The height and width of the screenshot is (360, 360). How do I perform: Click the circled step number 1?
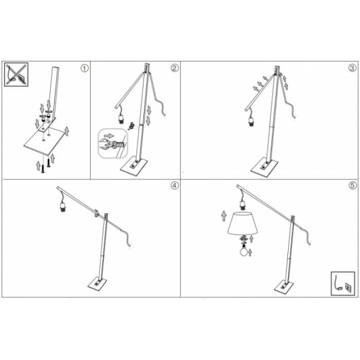pos(84,68)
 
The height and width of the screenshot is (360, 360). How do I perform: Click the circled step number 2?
pos(174,68)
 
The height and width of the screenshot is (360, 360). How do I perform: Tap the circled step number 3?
pos(352,68)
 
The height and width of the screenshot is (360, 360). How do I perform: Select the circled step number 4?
pos(175,186)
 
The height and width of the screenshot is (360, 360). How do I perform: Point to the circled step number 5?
pos(353,186)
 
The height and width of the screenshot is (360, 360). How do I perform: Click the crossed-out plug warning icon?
pos(16,75)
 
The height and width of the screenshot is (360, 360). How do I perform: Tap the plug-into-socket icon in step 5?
pos(343,283)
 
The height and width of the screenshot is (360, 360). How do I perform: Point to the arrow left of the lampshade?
pos(224,217)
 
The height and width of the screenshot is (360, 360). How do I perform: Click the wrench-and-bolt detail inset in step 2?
pos(113,143)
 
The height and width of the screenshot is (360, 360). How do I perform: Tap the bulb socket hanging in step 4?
pos(63,206)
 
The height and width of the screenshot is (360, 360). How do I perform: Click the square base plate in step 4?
pos(97,284)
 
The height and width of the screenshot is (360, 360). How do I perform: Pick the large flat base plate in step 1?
pos(45,141)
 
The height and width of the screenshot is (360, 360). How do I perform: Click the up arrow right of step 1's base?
pos(66,131)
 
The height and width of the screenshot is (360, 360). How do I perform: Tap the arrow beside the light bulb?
pos(250,253)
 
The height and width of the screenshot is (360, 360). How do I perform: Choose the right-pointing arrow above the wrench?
pos(109,136)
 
